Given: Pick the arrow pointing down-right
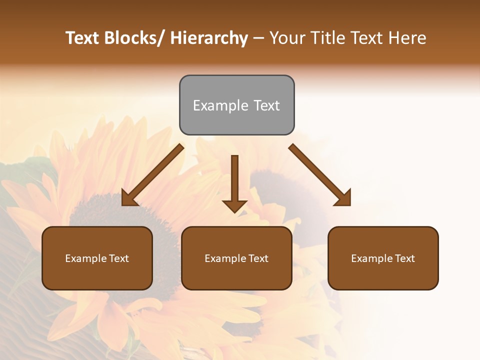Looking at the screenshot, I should pos(320,175).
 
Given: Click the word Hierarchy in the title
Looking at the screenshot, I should pos(208,38).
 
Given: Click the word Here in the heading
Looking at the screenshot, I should pos(407,38).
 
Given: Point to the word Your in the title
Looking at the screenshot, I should pos(287,38).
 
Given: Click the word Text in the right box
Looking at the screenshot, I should pos(404,258).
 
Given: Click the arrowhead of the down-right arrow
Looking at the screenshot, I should pos(344,199).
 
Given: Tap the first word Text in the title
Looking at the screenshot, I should pos(82,38).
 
